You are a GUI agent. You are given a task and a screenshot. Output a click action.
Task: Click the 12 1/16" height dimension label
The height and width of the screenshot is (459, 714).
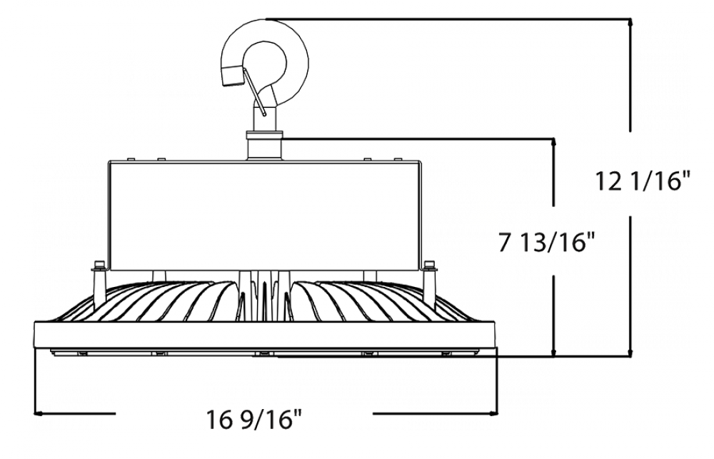pos(642,183)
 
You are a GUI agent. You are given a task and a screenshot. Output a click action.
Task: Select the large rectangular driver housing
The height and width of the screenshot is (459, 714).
pos(264,214)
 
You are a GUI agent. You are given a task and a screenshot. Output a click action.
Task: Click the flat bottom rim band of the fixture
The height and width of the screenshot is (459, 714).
pos(264,336)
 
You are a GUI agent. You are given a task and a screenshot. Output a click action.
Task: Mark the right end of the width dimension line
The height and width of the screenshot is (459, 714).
pos(494,411)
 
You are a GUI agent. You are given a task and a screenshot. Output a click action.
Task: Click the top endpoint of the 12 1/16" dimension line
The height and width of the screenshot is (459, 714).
pos(630,23)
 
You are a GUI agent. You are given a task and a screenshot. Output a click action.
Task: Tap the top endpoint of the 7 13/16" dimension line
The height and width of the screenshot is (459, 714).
pos(555,143)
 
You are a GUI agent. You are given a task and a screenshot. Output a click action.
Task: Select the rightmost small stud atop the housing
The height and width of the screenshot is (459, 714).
pos(398,154)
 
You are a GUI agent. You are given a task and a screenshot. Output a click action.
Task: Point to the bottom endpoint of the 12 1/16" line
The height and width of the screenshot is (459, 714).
pos(630,353)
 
